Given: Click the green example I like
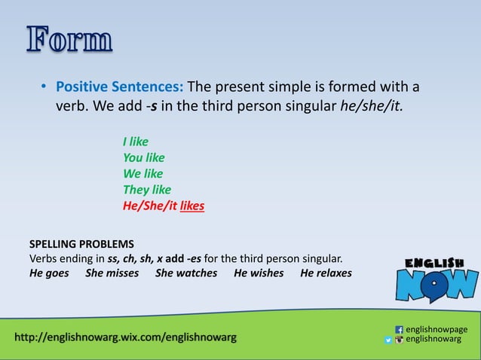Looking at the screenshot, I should [136, 142].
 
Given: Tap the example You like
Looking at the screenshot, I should [143, 157].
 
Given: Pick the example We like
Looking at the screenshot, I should [142, 173].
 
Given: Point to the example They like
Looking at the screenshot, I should [146, 189].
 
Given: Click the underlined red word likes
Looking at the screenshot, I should [192, 206].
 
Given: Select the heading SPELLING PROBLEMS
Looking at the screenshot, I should [81, 244].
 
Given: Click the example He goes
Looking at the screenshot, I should [49, 273].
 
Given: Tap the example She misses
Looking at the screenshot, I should [112, 273].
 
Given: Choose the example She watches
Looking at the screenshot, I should [186, 273].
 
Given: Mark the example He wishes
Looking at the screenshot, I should [259, 273].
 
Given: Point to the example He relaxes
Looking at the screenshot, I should [326, 273].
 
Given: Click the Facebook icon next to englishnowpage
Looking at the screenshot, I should [399, 329].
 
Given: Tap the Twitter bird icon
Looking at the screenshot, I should [389, 340].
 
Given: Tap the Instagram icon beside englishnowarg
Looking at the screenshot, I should [399, 340].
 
